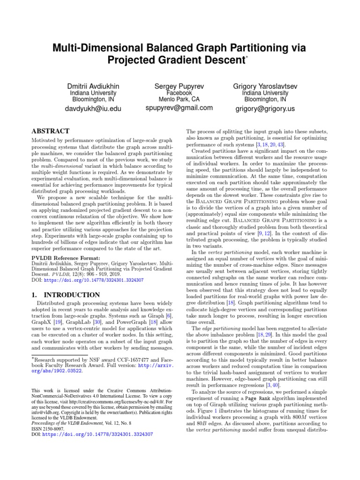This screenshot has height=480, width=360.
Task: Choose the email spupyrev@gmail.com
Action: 179,108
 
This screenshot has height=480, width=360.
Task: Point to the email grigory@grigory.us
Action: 265,109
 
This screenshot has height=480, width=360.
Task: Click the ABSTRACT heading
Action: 50,132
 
